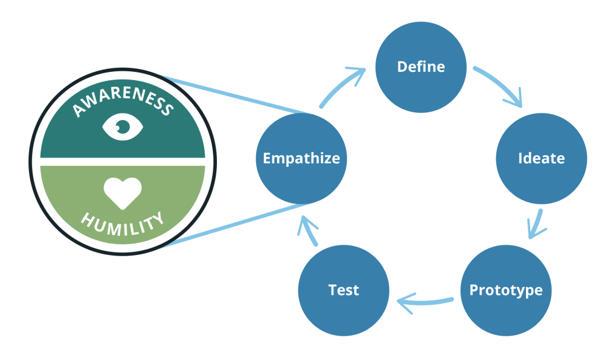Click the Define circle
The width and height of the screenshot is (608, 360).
(x=421, y=66)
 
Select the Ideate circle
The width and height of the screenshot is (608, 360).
(x=541, y=159)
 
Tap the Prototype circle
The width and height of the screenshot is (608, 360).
(x=506, y=290)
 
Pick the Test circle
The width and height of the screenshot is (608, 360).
(x=344, y=290)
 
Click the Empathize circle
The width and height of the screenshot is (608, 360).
(x=301, y=159)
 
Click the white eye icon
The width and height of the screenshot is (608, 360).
(x=122, y=126)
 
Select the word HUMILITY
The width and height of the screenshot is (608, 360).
(x=122, y=224)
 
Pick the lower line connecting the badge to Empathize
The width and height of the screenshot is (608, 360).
(x=232, y=226)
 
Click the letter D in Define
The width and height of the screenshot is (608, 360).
(x=402, y=67)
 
